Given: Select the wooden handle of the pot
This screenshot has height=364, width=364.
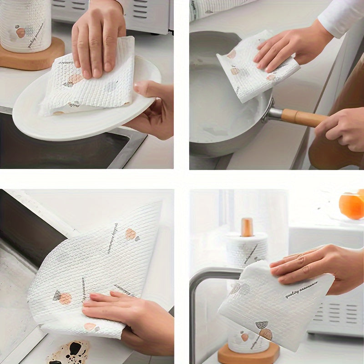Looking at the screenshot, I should point(303,118).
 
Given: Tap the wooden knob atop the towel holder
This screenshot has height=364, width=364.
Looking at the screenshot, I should point(247,227).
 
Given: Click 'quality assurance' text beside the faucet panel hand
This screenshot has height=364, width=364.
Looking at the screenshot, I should point(301,290).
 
